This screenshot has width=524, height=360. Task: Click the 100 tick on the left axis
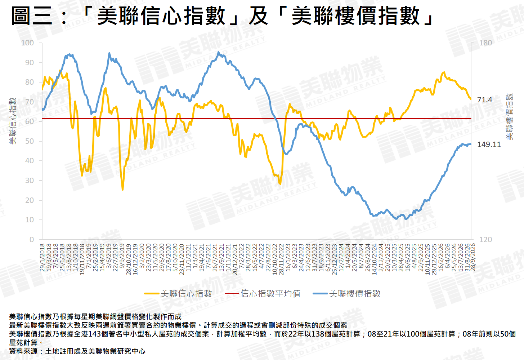tap(27, 43)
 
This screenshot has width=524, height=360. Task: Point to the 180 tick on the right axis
tap(485, 43)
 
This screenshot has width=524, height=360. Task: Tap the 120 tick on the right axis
tap(485, 239)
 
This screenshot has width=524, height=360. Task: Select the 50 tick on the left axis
tap(30, 141)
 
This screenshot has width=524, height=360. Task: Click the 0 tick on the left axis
tap(32, 239)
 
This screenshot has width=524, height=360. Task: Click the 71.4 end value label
tap(484, 100)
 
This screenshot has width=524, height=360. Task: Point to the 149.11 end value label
tap(489, 145)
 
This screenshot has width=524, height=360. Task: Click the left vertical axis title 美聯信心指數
tap(13, 121)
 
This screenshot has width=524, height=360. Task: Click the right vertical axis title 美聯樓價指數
tap(509, 117)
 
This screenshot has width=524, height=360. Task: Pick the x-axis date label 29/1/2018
tap(42, 257)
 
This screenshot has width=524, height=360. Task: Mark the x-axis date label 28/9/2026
tap(473, 257)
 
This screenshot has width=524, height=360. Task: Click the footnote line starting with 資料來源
tap(77, 351)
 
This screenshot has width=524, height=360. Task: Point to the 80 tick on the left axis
tap(30, 82)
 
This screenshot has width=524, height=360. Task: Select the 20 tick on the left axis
tap(30, 200)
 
